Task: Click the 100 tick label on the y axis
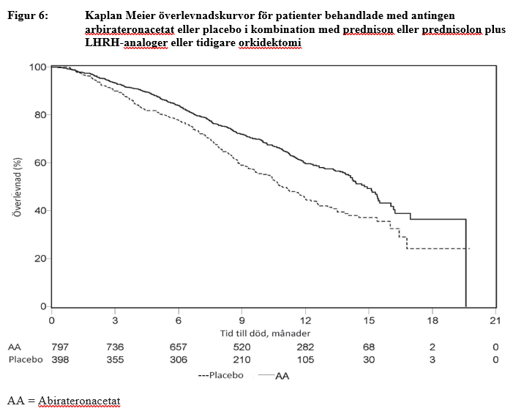pos(38,67)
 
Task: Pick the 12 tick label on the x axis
pos(307,320)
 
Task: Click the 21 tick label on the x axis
pos(497,320)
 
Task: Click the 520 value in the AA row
pos(242,347)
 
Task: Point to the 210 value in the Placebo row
pos(242,360)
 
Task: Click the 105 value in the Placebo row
pos(306,360)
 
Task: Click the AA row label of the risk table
pos(14,347)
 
